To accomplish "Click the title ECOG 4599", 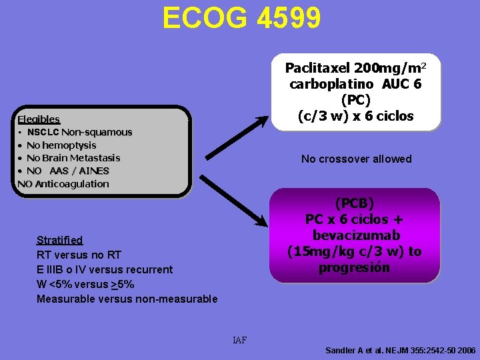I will click(x=241, y=18).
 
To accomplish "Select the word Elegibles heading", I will click(x=39, y=119).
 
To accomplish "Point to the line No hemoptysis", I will click(x=61, y=145).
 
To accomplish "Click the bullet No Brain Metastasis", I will click(x=73, y=158).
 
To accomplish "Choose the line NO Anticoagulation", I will click(x=63, y=184).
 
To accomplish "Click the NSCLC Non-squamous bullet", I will click(x=79, y=132).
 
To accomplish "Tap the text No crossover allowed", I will click(x=356, y=159).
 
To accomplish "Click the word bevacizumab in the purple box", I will click(x=354, y=235).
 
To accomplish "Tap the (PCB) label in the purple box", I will click(x=354, y=203).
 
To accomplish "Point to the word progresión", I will click(x=354, y=268).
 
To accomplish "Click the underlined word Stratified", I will click(x=59, y=240).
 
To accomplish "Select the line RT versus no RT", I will click(x=79, y=255).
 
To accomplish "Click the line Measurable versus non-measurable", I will click(x=127, y=299).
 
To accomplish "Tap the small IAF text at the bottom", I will click(x=239, y=341).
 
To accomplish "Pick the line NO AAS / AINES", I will click(x=67, y=171).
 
